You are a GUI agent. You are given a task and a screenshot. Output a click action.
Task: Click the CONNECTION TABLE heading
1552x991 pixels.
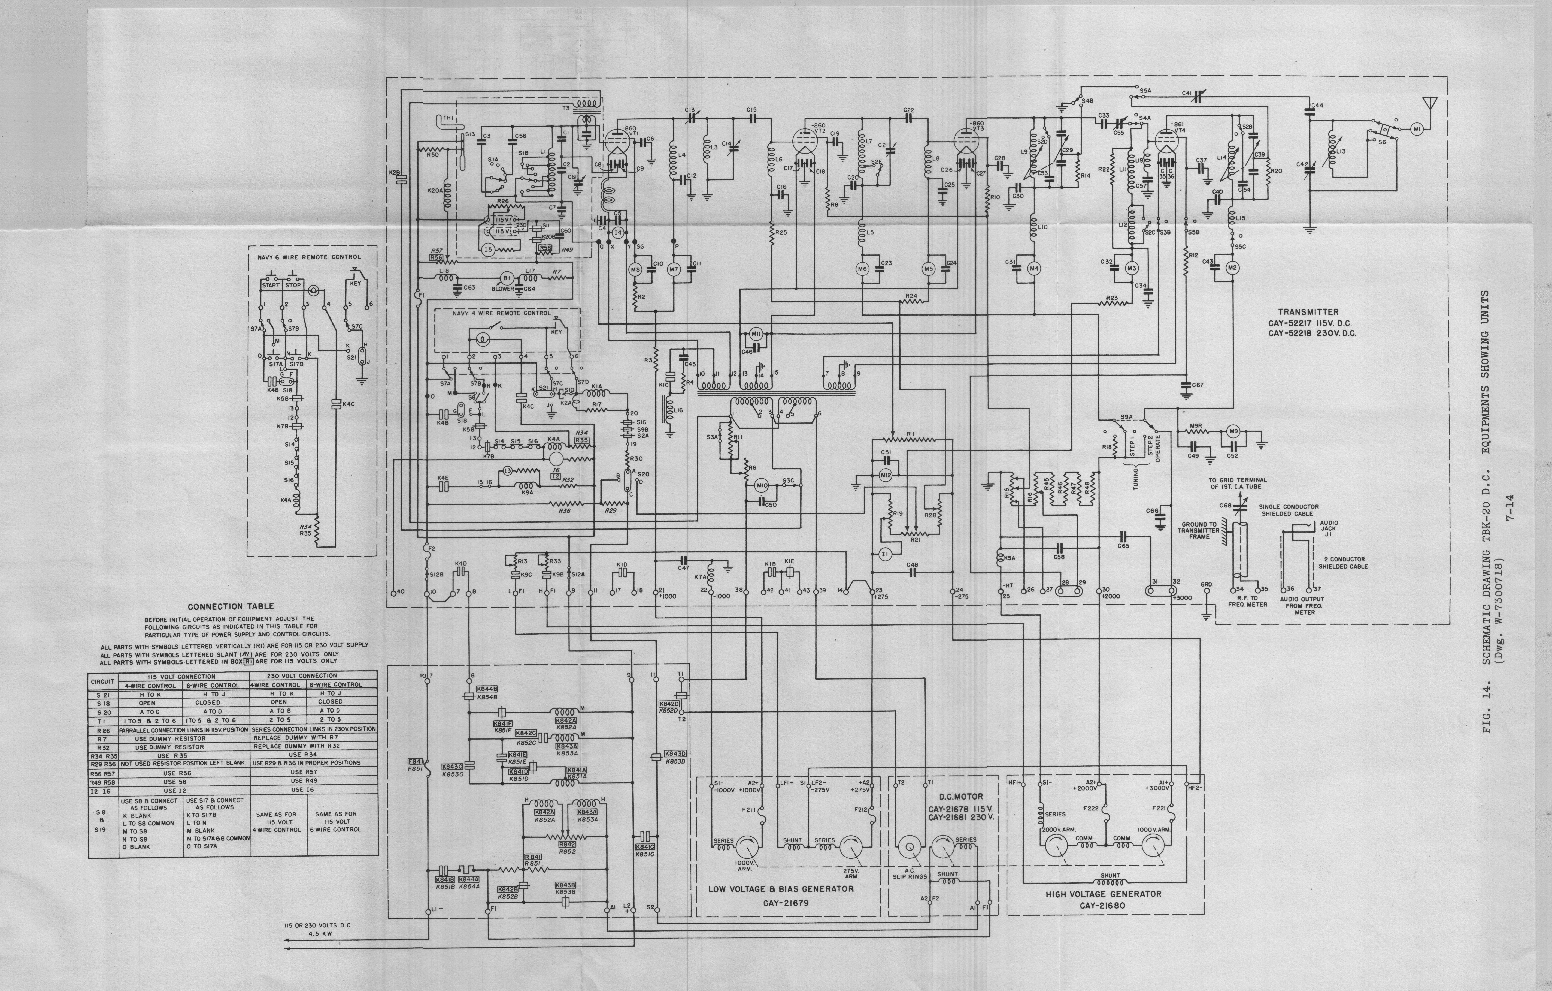231,606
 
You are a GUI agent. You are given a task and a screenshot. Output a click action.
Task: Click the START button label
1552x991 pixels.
271,285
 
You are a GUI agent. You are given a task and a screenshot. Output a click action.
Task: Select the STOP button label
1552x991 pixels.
293,285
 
